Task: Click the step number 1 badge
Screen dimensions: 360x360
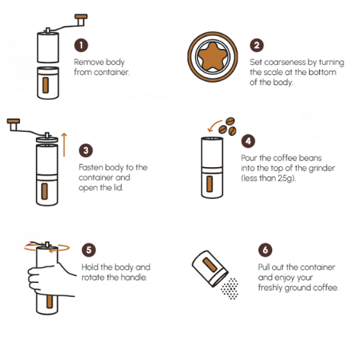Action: [81, 45]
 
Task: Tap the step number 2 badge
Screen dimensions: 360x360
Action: [257, 45]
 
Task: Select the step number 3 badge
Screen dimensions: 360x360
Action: [86, 150]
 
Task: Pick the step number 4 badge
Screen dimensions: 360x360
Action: [248, 141]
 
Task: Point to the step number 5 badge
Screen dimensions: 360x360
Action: [89, 250]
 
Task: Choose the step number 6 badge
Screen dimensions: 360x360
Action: [265, 250]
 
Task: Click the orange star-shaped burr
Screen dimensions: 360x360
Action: [212, 57]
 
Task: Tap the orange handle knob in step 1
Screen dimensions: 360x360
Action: [81, 17]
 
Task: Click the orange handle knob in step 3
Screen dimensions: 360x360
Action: [14, 121]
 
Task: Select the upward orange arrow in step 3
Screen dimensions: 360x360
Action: [64, 145]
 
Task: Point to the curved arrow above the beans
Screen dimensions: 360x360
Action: [214, 125]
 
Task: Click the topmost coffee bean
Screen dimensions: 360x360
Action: [230, 121]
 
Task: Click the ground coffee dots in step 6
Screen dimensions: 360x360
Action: [230, 289]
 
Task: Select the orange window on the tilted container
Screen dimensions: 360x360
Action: [210, 265]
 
